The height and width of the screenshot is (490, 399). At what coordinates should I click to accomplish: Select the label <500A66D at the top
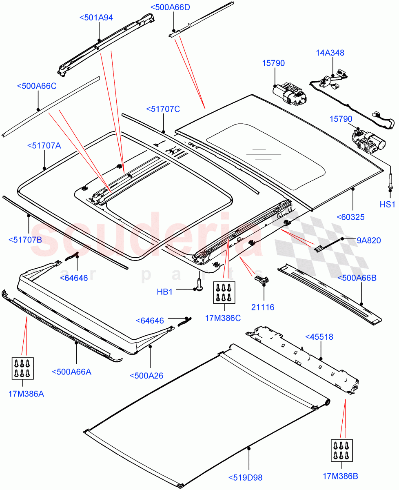coord(170,7)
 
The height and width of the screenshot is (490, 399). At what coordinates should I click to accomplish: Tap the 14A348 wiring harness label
coord(330,53)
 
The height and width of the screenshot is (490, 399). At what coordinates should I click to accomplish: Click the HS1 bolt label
coord(387,205)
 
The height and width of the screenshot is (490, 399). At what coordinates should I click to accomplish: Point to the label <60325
coord(350,217)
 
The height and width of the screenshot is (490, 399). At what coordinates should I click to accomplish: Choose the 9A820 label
coord(368,241)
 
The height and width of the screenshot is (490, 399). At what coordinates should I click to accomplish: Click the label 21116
coord(263,307)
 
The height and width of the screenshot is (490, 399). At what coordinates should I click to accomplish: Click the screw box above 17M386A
coord(23,369)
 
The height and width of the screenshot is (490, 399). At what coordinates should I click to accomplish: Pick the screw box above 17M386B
coord(342,451)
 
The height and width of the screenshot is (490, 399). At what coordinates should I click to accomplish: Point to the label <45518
coord(319,337)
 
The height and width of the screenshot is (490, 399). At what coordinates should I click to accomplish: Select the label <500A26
coord(146,376)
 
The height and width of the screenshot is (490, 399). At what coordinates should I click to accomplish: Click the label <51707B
coord(25,239)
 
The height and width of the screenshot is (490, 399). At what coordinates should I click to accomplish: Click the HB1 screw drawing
coord(199,284)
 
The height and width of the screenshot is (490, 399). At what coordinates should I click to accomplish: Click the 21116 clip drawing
coord(261,279)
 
